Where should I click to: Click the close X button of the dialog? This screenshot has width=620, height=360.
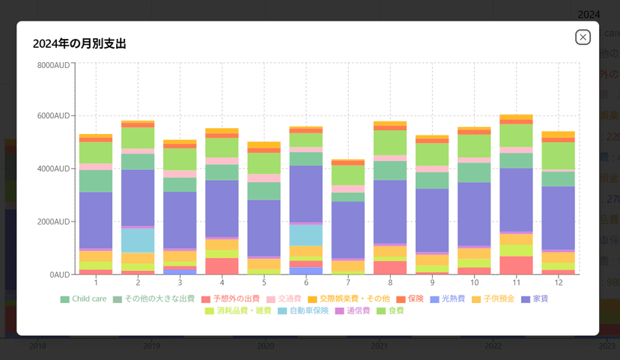[x=583, y=37]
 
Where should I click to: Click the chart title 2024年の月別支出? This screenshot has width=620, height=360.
[x=79, y=43]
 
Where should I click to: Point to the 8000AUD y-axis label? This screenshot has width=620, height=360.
[x=54, y=65]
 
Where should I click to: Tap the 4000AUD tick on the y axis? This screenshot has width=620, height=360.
[x=54, y=169]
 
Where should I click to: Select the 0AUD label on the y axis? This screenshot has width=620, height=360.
[x=60, y=275]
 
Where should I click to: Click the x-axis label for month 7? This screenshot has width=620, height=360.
[x=348, y=282]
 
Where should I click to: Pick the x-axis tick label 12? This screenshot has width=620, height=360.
[x=558, y=282]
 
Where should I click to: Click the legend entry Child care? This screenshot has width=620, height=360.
[x=83, y=299]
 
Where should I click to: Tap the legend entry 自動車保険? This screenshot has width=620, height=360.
[x=303, y=311]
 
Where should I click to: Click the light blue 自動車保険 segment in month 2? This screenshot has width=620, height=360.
[x=138, y=240]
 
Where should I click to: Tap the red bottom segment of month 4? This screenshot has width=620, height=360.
[x=222, y=266]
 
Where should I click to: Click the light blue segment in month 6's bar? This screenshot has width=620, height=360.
[x=306, y=235]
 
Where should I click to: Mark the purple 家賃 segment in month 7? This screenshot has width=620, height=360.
[x=348, y=230]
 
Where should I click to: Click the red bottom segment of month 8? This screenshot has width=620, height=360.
[x=390, y=268]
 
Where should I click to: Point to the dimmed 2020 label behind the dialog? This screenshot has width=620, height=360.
[x=265, y=346]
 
